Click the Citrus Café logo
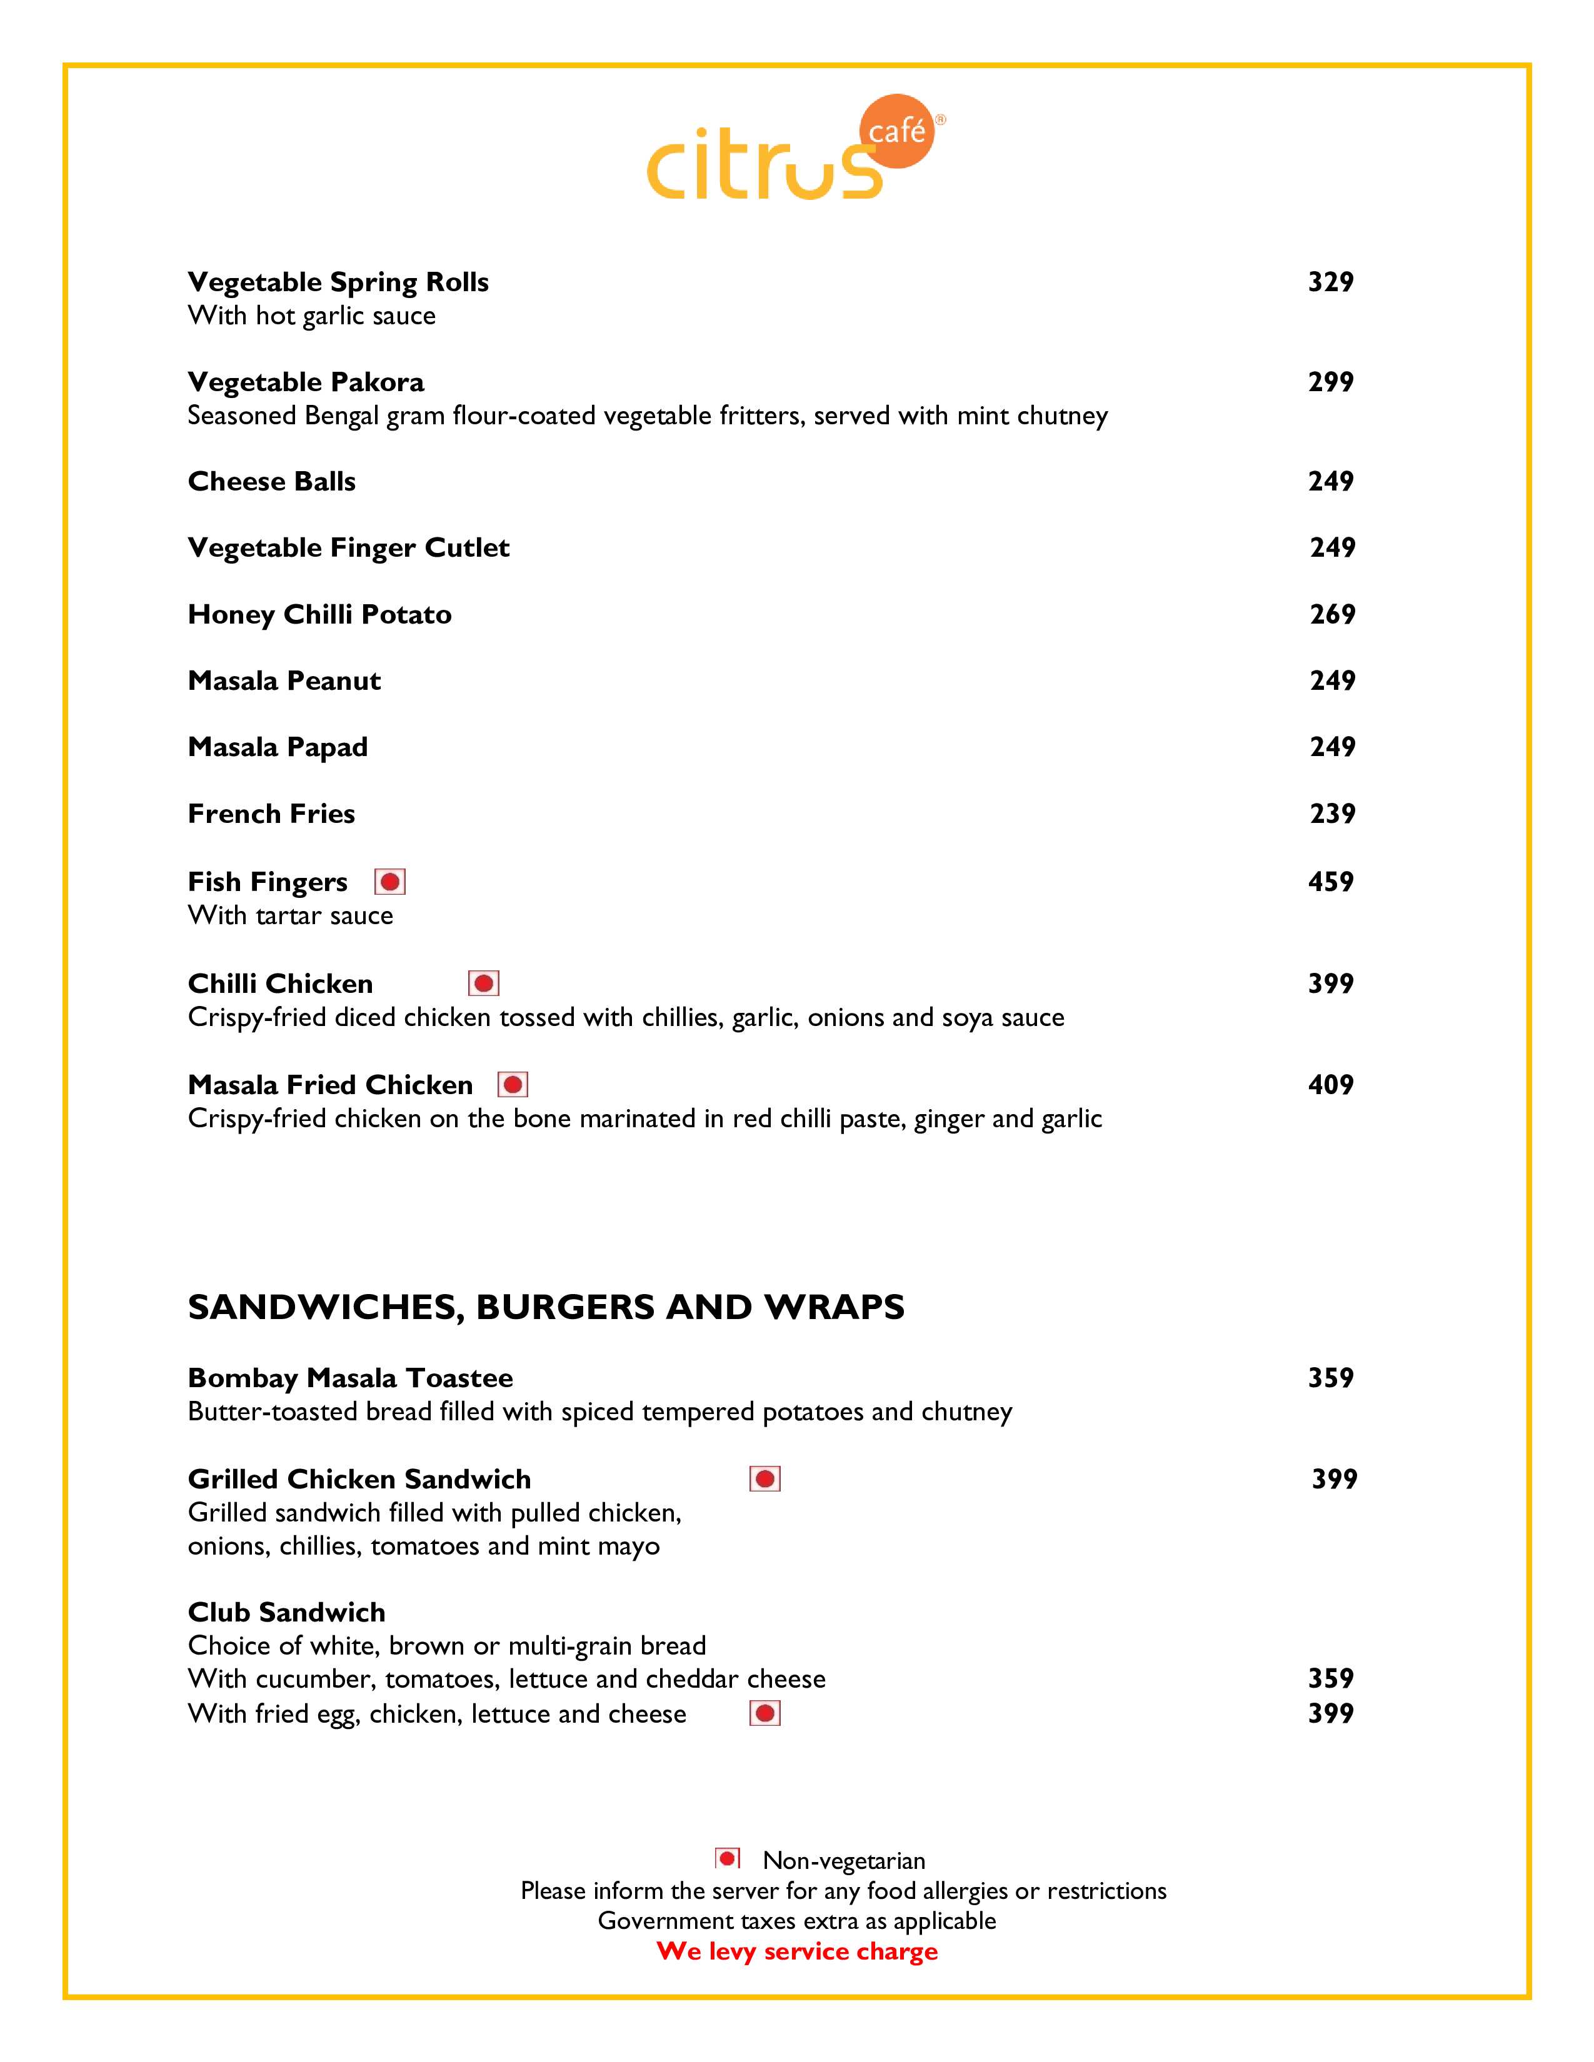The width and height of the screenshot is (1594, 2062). point(796,151)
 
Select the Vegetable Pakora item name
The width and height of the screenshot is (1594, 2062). point(306,382)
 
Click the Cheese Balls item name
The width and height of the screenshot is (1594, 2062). point(272,482)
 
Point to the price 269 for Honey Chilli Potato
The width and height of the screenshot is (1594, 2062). point(1331,615)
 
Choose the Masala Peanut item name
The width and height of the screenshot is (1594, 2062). point(284,680)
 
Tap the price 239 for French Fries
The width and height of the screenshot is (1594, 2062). point(1331,814)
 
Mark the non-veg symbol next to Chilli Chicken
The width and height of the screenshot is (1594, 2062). point(483,984)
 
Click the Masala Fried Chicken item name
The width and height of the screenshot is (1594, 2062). point(331,1085)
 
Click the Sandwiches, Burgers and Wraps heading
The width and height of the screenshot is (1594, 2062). point(546,1308)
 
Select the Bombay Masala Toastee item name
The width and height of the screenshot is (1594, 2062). point(350,1378)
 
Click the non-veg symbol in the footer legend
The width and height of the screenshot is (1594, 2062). point(727,1859)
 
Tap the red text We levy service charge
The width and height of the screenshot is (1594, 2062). point(797,1951)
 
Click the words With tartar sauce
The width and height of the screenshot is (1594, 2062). point(291,916)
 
